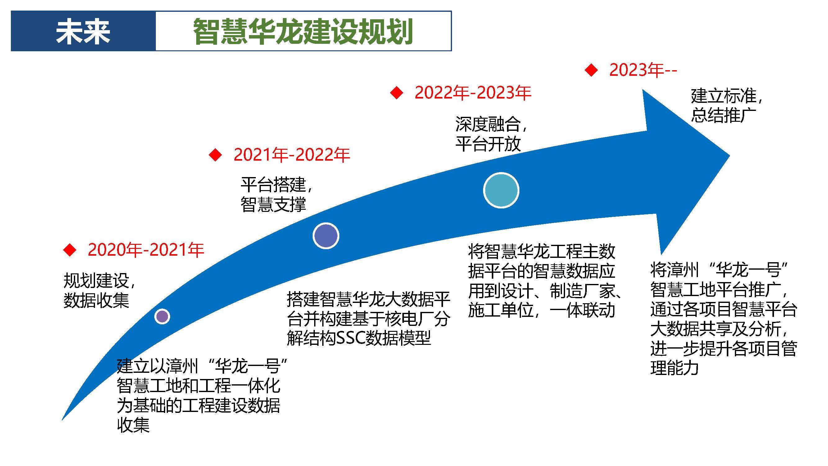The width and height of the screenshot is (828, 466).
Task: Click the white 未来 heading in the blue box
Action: [83, 31]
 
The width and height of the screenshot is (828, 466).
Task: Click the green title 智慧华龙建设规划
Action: [303, 31]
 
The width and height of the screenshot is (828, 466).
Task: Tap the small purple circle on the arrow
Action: [162, 317]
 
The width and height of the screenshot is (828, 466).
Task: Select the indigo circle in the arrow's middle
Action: [326, 236]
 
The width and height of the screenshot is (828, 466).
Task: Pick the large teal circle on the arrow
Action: [501, 190]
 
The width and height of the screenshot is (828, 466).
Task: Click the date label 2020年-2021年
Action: [146, 250]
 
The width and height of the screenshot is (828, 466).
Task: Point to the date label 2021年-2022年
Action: [292, 155]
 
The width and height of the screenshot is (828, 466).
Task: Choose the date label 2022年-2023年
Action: [473, 93]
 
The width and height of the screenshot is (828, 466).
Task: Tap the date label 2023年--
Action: [643, 70]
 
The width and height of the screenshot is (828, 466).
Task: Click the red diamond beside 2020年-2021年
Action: [70, 250]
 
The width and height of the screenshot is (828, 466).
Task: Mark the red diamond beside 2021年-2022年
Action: [215, 155]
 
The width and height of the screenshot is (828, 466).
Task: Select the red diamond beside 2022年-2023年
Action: [397, 93]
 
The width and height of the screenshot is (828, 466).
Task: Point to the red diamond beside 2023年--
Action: [591, 70]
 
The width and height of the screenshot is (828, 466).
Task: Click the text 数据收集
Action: [96, 300]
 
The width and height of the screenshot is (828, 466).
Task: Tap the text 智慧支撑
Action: [273, 204]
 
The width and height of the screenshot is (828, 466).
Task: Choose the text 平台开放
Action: [488, 144]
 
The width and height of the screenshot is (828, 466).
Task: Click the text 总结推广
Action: [724, 116]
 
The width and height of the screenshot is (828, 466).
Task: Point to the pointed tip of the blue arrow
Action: [729, 156]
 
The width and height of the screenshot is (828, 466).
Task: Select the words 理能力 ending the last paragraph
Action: [674, 368]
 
